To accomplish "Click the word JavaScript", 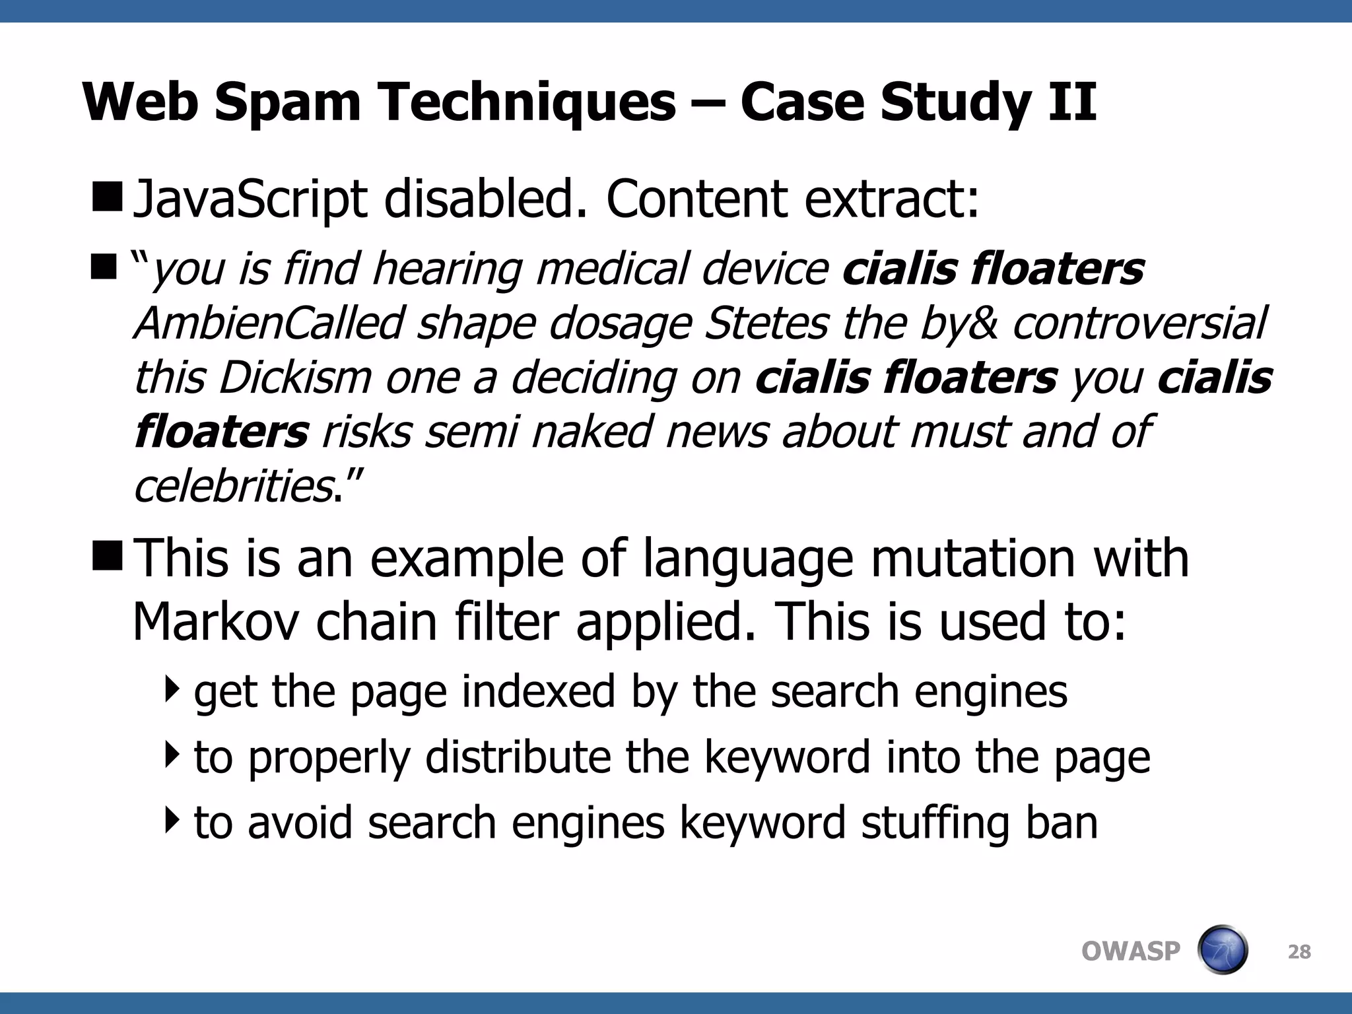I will coord(250,199).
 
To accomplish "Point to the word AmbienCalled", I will coord(269,323).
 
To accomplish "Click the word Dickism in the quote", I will coord(295,378).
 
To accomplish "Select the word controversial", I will coord(1139,323).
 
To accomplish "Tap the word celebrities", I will coord(233,486).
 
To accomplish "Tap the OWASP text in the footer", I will coord(1130,951).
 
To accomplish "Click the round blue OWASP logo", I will coord(1222,951).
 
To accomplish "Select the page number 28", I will coord(1299,952).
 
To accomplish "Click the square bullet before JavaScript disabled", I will coord(106,198).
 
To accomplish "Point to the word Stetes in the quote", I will coord(766,323).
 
